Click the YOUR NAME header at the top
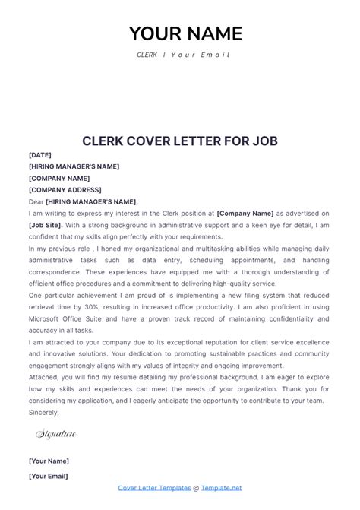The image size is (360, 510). [185, 33]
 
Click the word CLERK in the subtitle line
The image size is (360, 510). [147, 55]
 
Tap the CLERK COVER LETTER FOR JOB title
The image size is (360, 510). [180, 141]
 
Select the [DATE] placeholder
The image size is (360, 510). [40, 155]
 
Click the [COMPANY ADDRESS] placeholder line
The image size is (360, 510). [65, 190]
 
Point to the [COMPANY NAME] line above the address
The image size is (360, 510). [59, 179]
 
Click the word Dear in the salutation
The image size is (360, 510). [36, 202]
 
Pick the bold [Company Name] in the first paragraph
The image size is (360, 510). [245, 214]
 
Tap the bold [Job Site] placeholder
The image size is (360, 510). [46, 226]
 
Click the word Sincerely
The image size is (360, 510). [44, 412]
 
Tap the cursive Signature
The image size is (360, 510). [56, 434]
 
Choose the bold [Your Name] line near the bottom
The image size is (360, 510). [49, 461]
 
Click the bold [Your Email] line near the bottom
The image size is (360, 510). [49, 476]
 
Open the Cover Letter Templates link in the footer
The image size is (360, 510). [153, 487]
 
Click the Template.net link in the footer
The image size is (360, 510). [222, 487]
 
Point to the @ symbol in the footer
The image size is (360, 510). [196, 487]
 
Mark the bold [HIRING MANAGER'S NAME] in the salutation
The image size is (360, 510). [91, 202]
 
